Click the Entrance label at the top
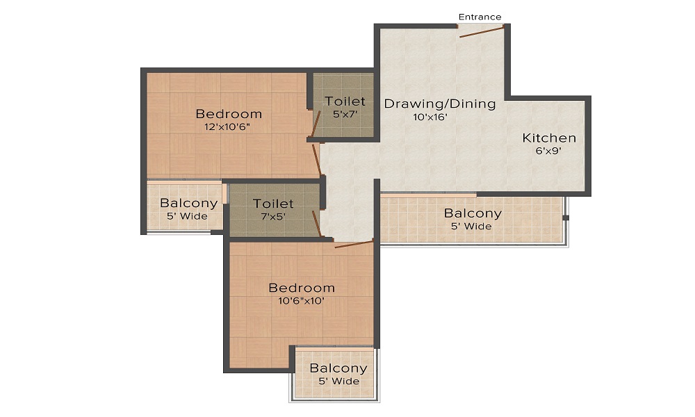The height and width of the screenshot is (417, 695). (480, 17)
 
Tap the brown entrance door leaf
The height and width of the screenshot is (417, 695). (482, 32)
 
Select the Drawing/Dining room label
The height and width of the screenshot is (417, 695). (440, 104)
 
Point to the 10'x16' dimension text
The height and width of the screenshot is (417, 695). (430, 117)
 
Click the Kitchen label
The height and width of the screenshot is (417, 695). (549, 138)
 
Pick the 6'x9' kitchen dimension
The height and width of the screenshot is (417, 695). (548, 151)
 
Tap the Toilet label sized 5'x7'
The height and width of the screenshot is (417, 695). (345, 101)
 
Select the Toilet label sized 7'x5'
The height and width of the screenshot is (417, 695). (273, 204)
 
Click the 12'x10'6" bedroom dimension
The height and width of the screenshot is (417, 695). (227, 126)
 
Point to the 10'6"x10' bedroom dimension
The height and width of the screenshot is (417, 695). (301, 301)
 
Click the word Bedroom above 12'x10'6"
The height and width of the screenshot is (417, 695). (229, 114)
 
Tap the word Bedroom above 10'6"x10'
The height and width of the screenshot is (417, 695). (302, 288)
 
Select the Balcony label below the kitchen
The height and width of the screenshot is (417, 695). (473, 213)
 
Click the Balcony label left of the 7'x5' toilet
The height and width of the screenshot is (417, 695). (189, 203)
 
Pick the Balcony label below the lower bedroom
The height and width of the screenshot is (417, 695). (338, 368)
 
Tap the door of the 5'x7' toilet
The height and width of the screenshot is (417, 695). (316, 124)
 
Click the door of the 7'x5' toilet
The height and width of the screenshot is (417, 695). (316, 224)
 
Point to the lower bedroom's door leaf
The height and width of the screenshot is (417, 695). (354, 244)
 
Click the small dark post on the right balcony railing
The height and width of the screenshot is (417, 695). (566, 218)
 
